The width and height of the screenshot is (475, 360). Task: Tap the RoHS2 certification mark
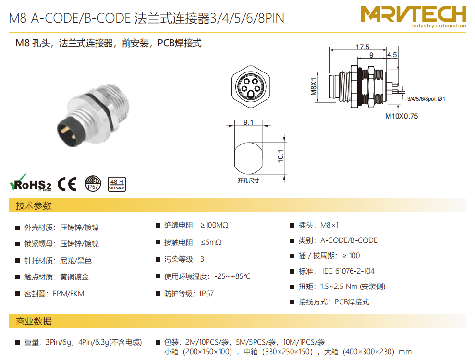[x=30, y=182]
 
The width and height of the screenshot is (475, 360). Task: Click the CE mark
[x=67, y=184]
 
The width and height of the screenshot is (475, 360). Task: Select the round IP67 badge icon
[x=93, y=183]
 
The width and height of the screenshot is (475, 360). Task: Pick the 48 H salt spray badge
[x=117, y=184]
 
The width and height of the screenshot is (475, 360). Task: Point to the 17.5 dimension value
[x=362, y=47]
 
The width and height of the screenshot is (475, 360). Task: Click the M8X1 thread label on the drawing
[x=313, y=86]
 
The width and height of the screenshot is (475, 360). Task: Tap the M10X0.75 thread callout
[x=402, y=116]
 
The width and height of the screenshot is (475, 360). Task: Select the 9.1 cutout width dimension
[x=248, y=122]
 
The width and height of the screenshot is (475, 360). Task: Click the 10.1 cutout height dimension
[x=280, y=156]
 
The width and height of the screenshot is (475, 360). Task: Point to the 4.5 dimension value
[x=392, y=55]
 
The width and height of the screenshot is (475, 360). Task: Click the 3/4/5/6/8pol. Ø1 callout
[x=426, y=99]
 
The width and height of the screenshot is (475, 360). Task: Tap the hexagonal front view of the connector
[x=251, y=86]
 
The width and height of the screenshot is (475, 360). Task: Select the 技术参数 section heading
[x=34, y=205]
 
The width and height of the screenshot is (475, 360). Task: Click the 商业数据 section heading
[x=34, y=321]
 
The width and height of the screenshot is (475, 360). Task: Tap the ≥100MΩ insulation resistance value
[x=214, y=225]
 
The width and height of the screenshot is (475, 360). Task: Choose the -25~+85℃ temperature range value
[x=232, y=276]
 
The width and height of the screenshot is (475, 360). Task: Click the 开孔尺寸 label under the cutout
[x=248, y=180]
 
